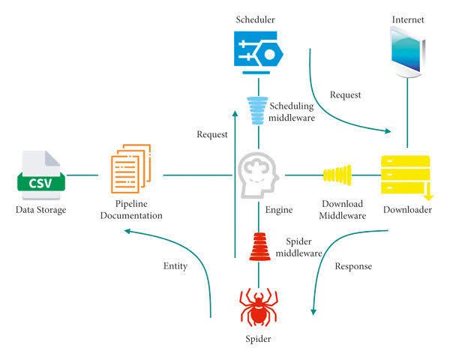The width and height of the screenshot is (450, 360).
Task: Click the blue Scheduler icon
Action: pyautogui.click(x=259, y=52)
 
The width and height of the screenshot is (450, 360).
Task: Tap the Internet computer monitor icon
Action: pyautogui.click(x=408, y=52)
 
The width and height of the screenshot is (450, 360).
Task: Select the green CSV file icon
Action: pyautogui.click(x=41, y=175)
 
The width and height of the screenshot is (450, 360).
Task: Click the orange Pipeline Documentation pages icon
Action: pyautogui.click(x=130, y=169)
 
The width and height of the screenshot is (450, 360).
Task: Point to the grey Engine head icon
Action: pyautogui.click(x=258, y=175)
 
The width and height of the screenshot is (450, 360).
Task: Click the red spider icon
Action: pyautogui.click(x=259, y=307)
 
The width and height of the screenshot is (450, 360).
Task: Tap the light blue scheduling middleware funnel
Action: pyautogui.click(x=257, y=110)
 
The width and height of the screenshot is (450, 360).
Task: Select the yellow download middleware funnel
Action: pyautogui.click(x=337, y=175)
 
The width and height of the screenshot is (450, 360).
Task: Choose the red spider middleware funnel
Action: pyautogui.click(x=259, y=247)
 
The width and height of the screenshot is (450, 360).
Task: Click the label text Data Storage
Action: pyautogui.click(x=40, y=210)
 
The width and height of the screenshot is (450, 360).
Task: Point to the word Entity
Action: pyautogui.click(x=175, y=266)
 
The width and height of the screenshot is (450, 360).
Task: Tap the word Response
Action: pyautogui.click(x=353, y=266)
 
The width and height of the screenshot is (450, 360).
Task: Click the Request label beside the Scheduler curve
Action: pyautogui.click(x=345, y=94)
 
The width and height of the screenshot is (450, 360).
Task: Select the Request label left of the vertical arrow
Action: pyautogui.click(x=212, y=134)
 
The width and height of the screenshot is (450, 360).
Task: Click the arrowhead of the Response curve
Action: pyautogui.click(x=313, y=312)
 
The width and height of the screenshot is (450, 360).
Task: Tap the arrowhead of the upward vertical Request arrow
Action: pyautogui.click(x=235, y=114)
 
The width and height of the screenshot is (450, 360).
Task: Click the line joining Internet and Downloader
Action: pyautogui.click(x=407, y=112)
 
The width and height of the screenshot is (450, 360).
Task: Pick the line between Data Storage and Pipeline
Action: pyautogui.click(x=82, y=175)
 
